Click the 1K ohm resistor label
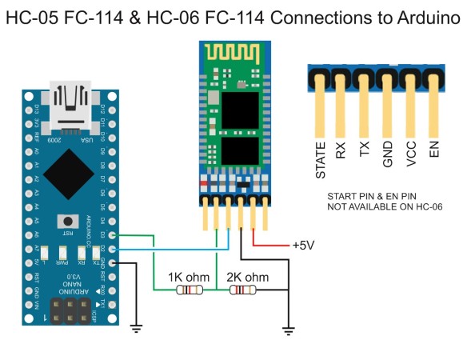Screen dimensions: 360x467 (x=189, y=277)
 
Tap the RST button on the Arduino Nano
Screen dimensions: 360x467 (x=70, y=221)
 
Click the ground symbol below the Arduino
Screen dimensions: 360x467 (x=137, y=326)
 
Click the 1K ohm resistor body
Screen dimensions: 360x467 (x=189, y=291)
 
